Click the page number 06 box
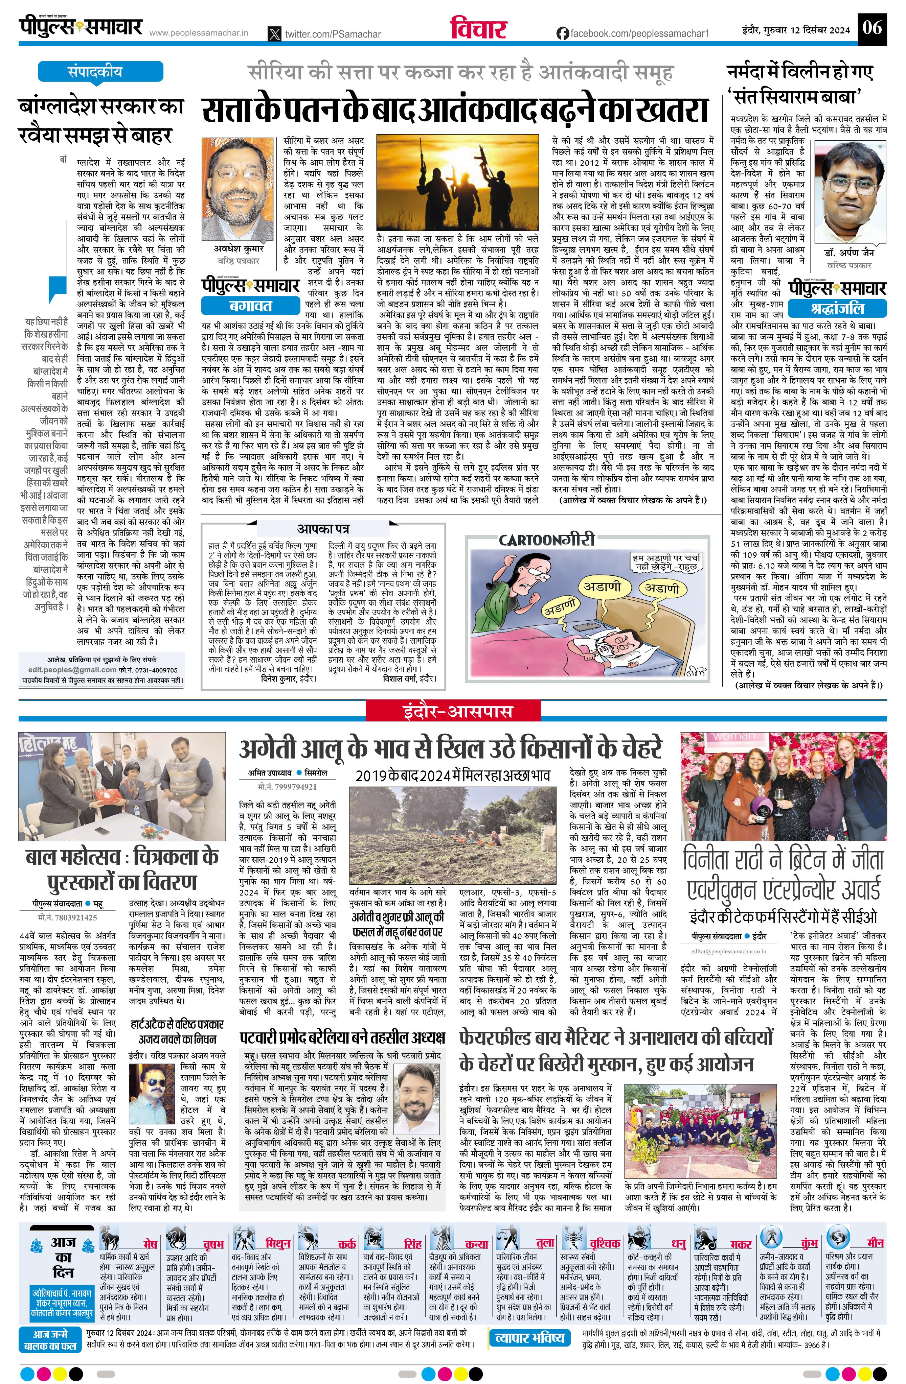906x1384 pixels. click(x=872, y=28)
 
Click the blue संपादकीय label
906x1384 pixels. click(x=95, y=72)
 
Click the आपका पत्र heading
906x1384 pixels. click(x=323, y=529)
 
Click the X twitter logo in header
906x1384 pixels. click(x=275, y=34)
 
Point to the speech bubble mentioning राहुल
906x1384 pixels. click(x=667, y=562)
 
